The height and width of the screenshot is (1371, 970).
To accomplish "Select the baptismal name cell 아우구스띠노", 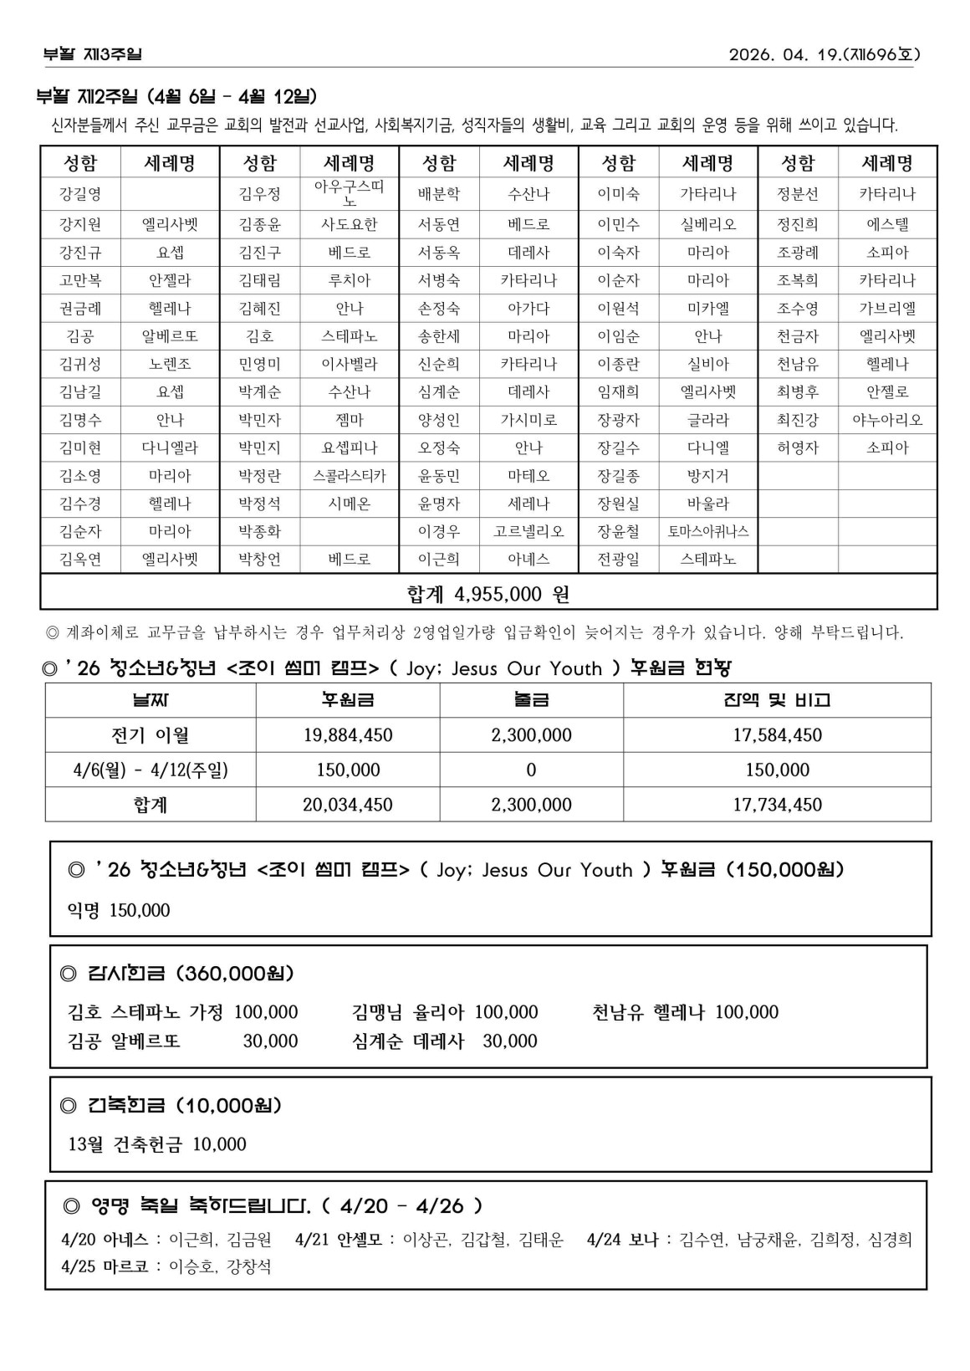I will (350, 193).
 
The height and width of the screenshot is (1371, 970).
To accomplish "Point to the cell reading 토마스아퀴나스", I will (707, 531).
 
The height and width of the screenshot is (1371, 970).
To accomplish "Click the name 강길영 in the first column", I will (80, 194).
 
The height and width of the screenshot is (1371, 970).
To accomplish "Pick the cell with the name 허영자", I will (797, 448).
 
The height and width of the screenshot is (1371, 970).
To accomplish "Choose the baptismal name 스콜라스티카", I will (350, 476).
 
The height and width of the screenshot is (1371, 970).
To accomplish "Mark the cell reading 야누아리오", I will (887, 420).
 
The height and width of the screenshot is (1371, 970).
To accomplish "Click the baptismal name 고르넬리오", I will (528, 531).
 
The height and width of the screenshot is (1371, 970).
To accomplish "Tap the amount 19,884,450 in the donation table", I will (348, 735).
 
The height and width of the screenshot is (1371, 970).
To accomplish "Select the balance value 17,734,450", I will (777, 805).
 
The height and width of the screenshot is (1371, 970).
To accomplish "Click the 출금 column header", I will (531, 700).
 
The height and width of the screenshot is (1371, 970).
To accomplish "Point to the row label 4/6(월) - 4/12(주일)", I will (151, 770).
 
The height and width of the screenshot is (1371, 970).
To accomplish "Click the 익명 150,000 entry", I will (119, 910).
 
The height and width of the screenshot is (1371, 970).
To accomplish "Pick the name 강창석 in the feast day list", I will (249, 1266).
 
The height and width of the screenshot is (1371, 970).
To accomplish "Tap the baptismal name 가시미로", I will (528, 420).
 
